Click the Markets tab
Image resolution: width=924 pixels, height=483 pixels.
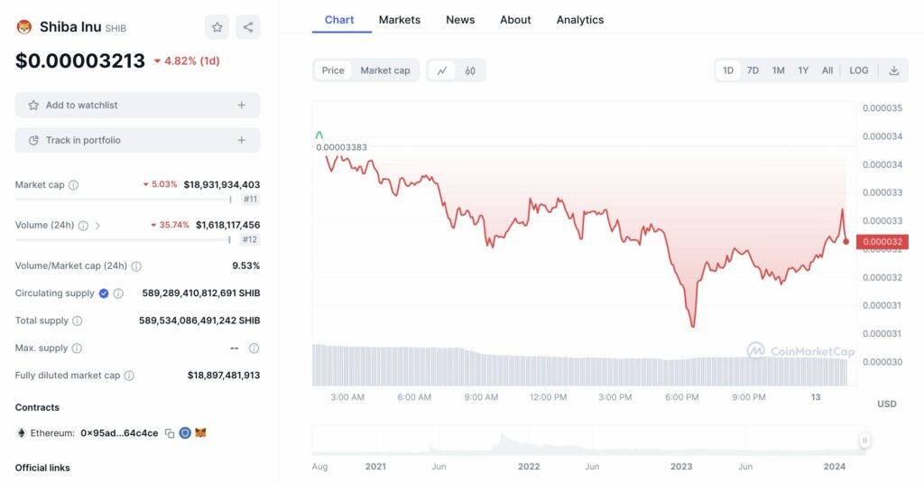click(399, 20)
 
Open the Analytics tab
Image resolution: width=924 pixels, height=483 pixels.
click(580, 20)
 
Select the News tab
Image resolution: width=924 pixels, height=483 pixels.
click(460, 20)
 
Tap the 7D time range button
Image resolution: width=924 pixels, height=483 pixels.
click(753, 70)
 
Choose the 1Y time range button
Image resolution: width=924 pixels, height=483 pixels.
click(803, 70)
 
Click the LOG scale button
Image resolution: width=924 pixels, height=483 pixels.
click(859, 70)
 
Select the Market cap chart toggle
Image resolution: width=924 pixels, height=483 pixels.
click(385, 70)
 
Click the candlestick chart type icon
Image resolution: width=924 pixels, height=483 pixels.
click(470, 70)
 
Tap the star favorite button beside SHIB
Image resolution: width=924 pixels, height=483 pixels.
click(217, 27)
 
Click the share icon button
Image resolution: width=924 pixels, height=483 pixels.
click(248, 27)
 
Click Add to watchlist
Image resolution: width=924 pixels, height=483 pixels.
click(137, 106)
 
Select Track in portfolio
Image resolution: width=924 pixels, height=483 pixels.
click(137, 141)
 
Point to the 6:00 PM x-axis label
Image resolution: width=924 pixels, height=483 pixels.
click(681, 397)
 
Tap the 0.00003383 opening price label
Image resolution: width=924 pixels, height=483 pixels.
click(341, 147)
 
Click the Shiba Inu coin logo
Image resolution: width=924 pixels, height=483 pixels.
click(24, 27)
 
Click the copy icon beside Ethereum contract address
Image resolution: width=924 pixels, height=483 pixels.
click(169, 433)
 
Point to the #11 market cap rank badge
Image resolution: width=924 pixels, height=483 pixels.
click(250, 199)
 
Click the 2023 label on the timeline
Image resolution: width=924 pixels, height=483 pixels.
click(681, 467)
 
